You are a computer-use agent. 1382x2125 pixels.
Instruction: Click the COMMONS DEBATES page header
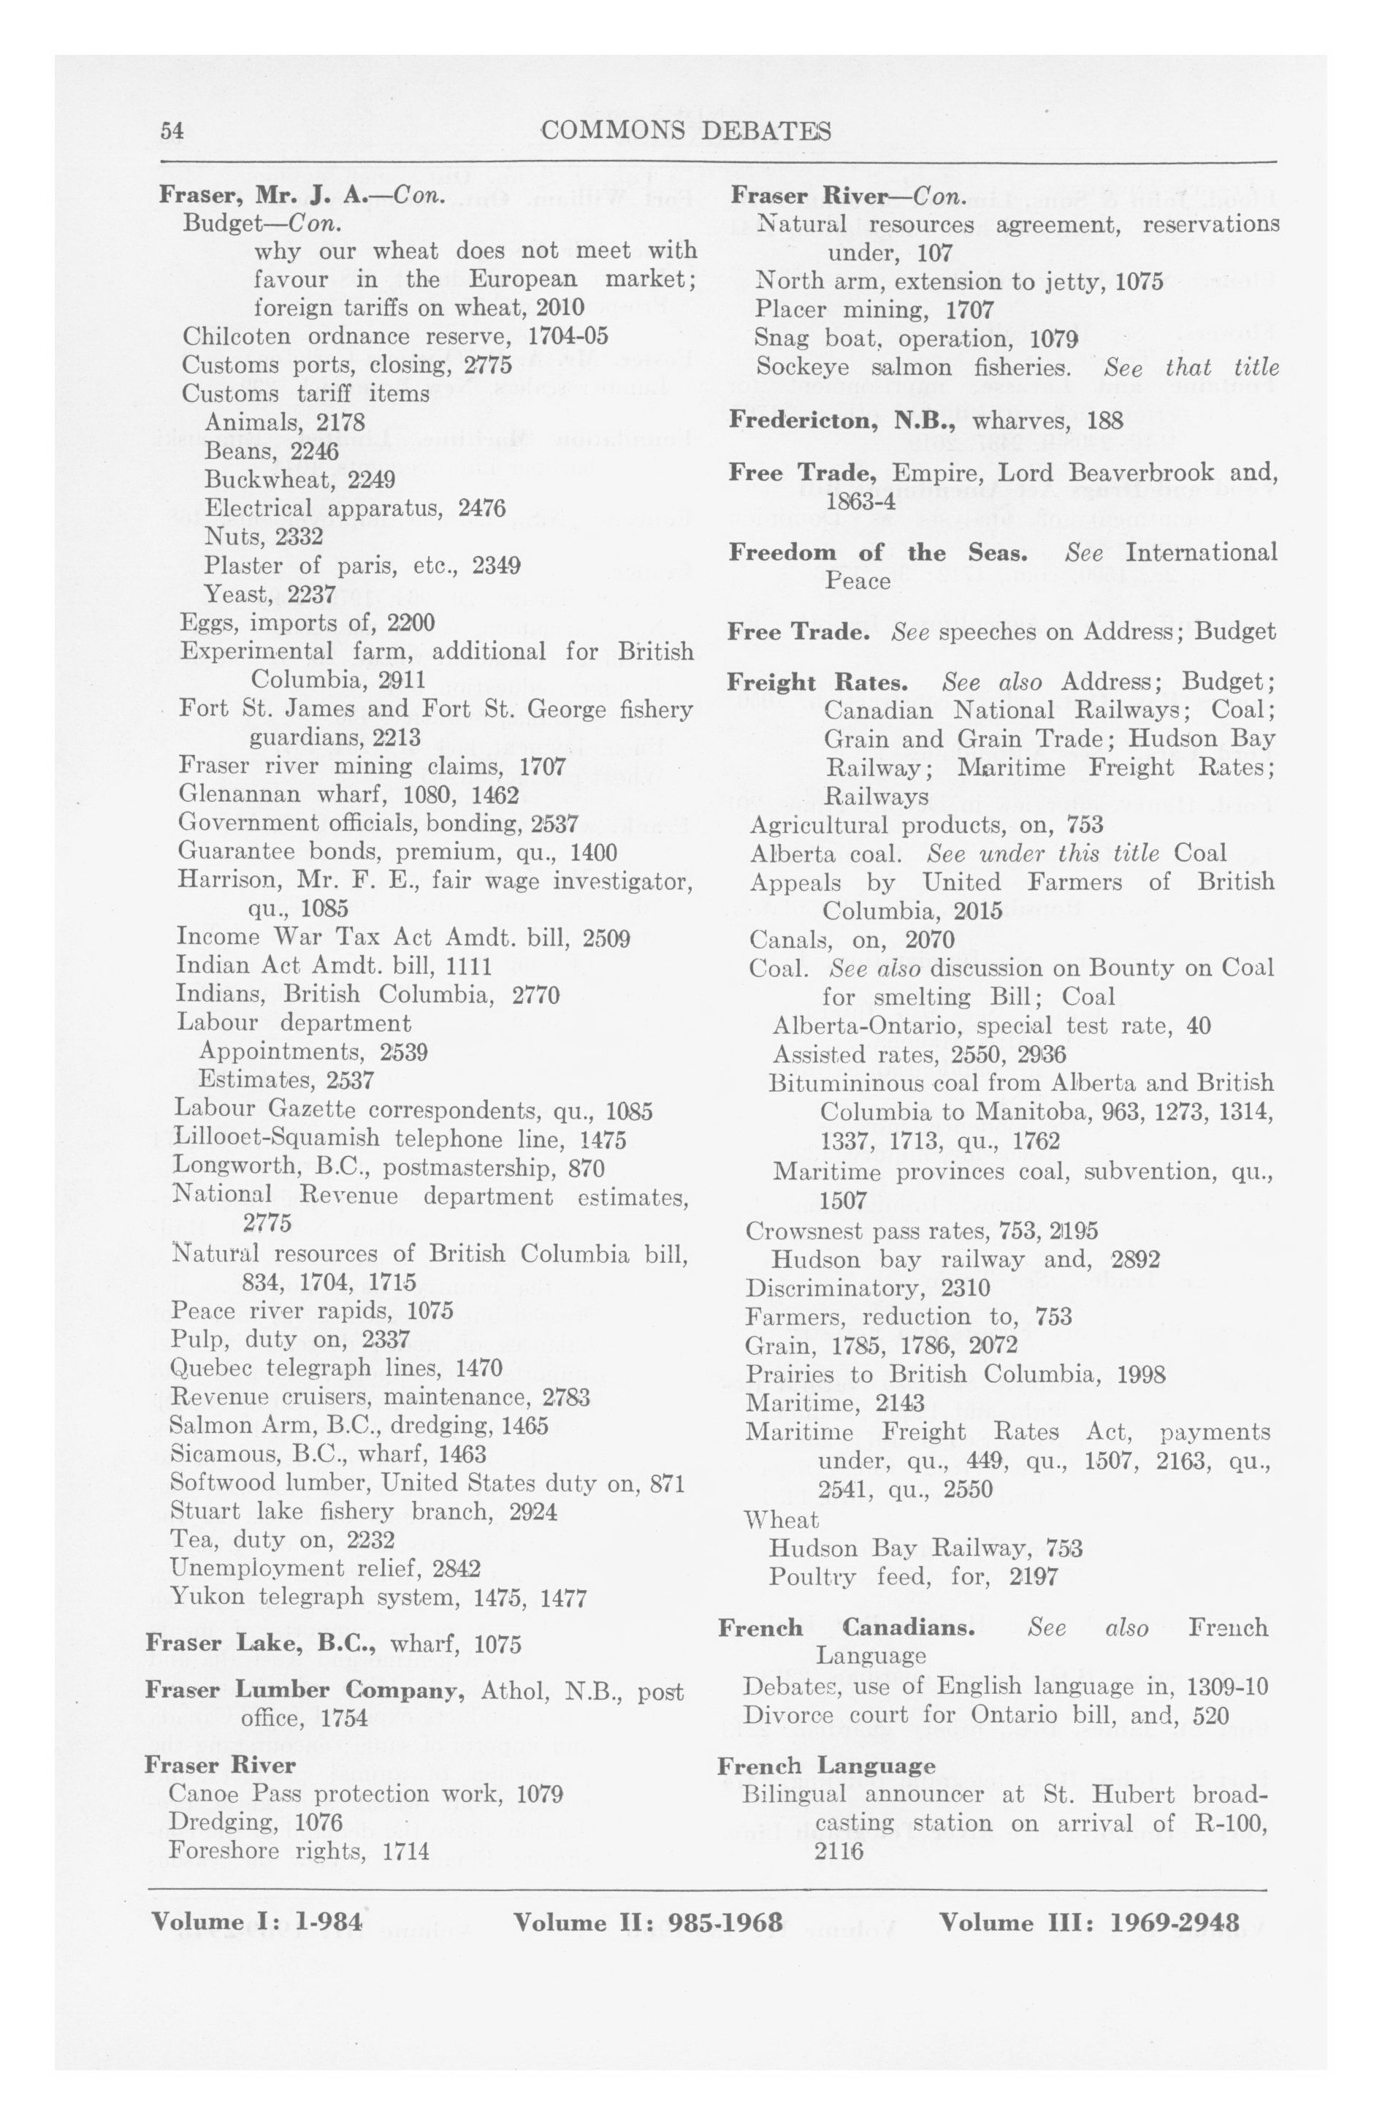coord(686,132)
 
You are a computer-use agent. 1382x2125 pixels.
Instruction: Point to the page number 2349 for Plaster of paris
coord(497,566)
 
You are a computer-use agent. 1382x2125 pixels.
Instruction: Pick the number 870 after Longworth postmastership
coord(586,1168)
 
